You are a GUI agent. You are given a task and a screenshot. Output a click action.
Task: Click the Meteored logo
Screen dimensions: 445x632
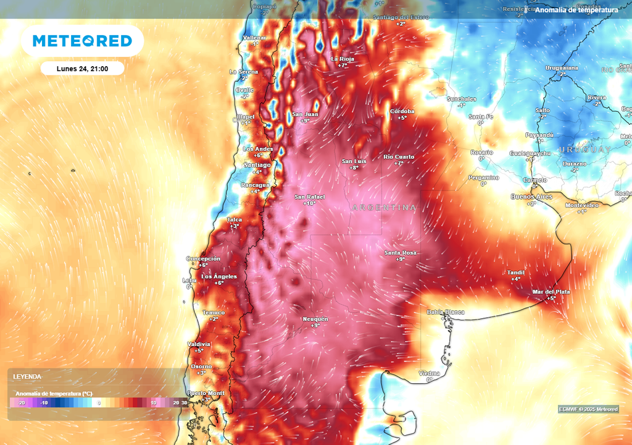[x=82, y=41]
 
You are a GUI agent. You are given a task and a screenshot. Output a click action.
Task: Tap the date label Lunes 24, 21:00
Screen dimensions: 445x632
[x=82, y=69]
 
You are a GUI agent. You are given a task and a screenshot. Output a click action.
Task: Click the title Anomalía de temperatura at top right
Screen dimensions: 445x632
[x=576, y=10]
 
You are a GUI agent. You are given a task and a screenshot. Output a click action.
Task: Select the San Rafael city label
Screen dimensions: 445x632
[x=309, y=197]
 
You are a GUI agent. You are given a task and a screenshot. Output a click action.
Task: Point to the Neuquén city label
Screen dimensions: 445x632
[x=315, y=319]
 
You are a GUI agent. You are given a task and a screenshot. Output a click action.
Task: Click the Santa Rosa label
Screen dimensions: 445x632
[x=401, y=253]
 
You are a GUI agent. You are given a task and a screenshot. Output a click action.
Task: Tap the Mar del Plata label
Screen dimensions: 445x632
[x=551, y=292]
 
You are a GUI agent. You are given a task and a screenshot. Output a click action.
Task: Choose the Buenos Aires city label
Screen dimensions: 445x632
[x=531, y=197]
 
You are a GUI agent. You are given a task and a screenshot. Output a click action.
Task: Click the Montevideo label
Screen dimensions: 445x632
[x=582, y=205]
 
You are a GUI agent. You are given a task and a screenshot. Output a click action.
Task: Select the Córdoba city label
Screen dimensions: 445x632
[x=402, y=111]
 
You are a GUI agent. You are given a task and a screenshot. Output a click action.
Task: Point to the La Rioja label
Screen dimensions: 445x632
[x=343, y=59]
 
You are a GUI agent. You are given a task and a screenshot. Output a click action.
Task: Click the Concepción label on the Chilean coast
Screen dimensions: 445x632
[x=203, y=258]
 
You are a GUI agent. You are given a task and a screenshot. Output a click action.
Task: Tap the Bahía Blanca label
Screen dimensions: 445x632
[x=446, y=312]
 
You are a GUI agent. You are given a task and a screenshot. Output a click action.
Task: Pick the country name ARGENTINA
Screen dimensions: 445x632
[x=384, y=208]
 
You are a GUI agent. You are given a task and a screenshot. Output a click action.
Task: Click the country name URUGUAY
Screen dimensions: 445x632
[x=584, y=150]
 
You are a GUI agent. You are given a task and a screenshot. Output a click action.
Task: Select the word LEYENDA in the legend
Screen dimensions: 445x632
[x=28, y=376]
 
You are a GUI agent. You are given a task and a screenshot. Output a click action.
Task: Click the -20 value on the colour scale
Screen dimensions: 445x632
[x=21, y=403]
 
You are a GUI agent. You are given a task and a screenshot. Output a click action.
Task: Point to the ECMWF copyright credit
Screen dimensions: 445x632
[x=588, y=409]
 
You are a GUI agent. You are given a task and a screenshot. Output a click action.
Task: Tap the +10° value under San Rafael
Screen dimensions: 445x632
[x=309, y=204]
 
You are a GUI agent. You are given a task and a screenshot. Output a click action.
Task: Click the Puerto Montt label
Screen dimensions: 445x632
[x=206, y=393]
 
